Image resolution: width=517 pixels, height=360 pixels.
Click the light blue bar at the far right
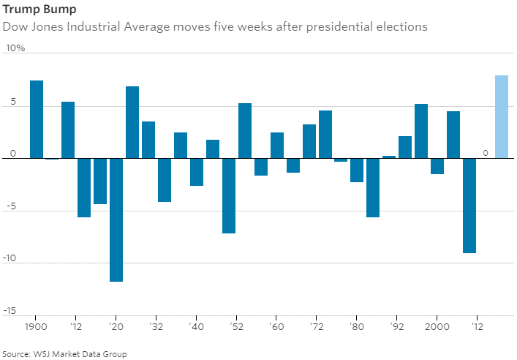coord(501,117)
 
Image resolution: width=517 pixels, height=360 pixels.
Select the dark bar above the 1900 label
coord(37,119)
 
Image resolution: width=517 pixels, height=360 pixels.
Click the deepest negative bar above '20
coord(116,220)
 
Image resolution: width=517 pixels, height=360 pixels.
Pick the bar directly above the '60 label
coord(276,146)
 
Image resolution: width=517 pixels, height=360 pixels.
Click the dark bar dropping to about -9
coord(469,206)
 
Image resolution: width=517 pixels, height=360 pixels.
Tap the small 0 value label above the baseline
coord(485,152)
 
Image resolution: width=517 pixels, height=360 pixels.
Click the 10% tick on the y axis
coord(15,48)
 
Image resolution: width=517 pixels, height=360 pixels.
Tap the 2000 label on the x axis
coord(437,326)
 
